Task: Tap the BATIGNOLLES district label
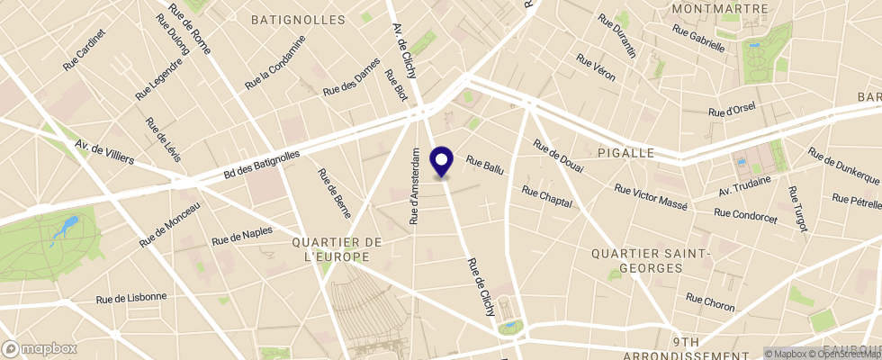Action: (298, 19)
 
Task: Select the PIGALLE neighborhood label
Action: (623, 153)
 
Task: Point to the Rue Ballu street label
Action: (484, 165)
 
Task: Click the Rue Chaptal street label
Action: (547, 196)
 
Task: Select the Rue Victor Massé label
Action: (650, 197)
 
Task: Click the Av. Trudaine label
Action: (745, 186)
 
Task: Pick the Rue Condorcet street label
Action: (745, 212)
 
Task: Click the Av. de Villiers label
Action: (103, 152)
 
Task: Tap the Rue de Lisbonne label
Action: (131, 297)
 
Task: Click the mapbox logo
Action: (39, 348)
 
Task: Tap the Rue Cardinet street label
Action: (85, 49)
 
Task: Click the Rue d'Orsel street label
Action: (732, 110)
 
